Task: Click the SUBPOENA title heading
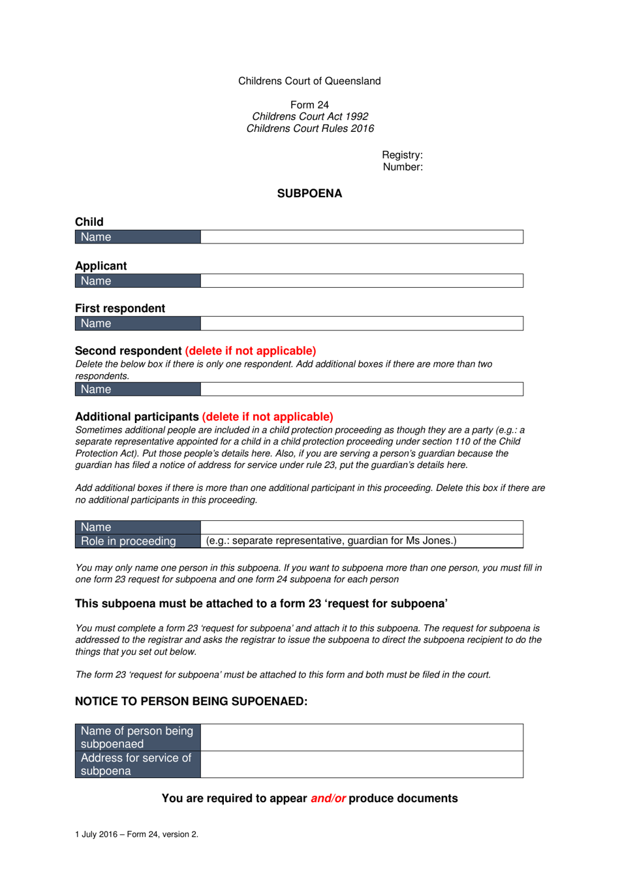pos(309,193)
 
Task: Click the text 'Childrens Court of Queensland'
pos(309,81)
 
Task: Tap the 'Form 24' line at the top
pos(309,104)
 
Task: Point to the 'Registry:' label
pos(402,155)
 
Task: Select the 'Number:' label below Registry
pos(403,166)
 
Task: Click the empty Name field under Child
pos(362,237)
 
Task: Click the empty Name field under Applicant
pos(362,281)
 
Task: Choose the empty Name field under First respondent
pos(362,323)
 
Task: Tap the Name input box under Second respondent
pos(362,389)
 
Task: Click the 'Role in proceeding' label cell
pos(129,541)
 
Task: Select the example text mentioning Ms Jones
pos(332,540)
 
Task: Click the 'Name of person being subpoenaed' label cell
pos(137,737)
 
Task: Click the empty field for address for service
pos(362,764)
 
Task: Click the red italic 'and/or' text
pos(328,798)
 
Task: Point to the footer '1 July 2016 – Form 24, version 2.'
pos(136,834)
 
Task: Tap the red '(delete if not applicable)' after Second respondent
pos(251,351)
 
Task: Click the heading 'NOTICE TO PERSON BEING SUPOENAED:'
pos(191,701)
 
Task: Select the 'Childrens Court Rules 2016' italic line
pos(310,129)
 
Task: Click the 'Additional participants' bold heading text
pos(137,416)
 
